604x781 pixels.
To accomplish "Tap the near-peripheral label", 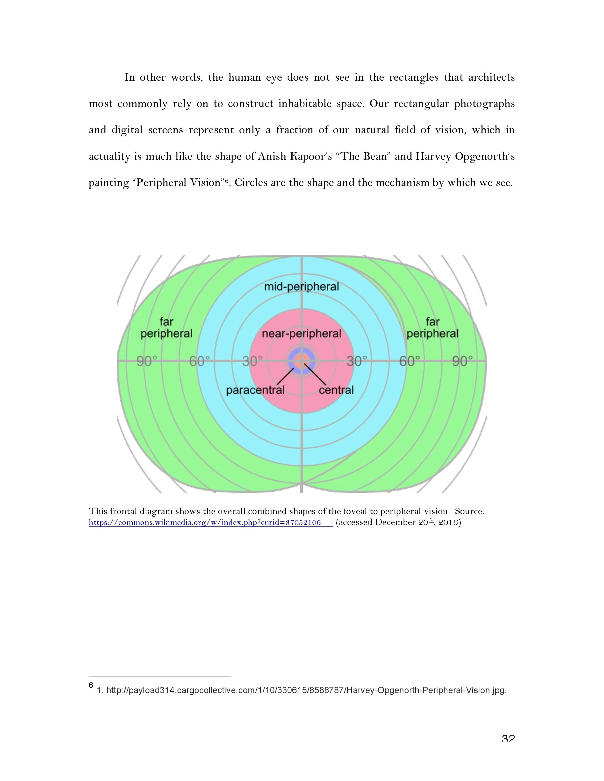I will [x=301, y=334].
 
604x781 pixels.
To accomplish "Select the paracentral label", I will [x=255, y=390].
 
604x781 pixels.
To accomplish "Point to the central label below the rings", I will [x=336, y=390].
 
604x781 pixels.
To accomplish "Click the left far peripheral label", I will [x=166, y=328].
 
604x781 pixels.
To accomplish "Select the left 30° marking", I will [x=252, y=362].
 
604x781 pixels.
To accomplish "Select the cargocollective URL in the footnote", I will [x=306, y=690].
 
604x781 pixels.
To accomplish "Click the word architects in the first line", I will [x=491, y=77].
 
